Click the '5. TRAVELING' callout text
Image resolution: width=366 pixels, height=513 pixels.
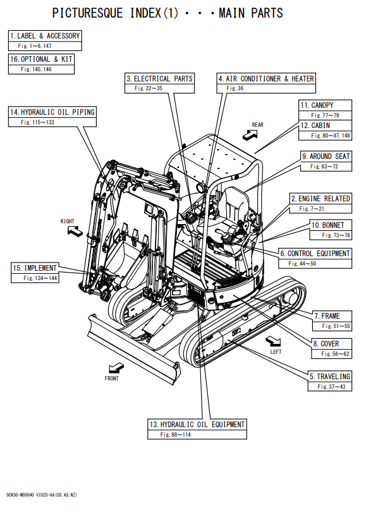[330, 376]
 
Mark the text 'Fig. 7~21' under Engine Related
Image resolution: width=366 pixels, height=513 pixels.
[312, 209]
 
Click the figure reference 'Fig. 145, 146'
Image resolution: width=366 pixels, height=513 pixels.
[36, 69]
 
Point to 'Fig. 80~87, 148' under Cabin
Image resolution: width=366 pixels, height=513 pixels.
[331, 136]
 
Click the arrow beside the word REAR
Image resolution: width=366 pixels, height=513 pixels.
[250, 134]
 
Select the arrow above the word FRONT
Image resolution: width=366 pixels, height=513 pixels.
[116, 369]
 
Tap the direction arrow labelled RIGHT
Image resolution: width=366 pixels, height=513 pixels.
[75, 232]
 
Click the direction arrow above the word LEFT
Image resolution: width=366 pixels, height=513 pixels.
[273, 341]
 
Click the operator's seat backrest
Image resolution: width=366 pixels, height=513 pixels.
[233, 203]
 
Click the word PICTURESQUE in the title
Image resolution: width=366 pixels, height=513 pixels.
[87, 13]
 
